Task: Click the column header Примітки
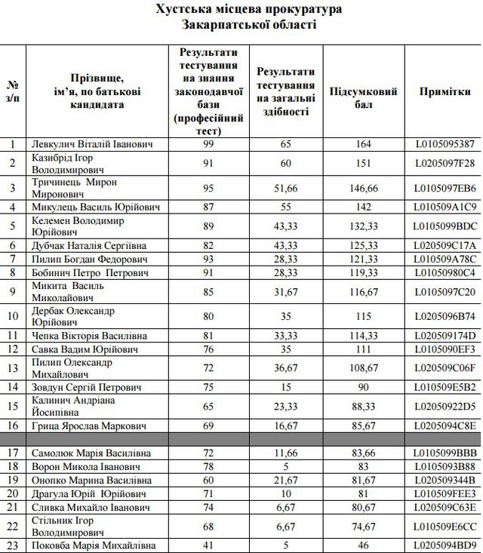[445, 91]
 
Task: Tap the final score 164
[364, 143]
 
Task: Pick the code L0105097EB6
[445, 188]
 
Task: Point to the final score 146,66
[364, 188]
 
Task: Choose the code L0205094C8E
[445, 426]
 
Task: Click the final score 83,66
[364, 453]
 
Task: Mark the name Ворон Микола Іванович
[82, 467]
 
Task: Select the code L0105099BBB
[445, 453]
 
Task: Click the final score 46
[364, 545]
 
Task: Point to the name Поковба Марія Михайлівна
[94, 545]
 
